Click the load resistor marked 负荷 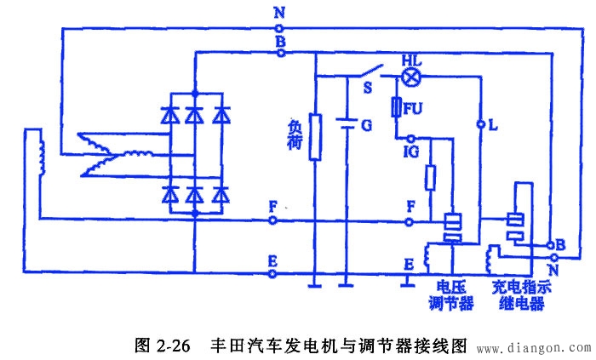pos(314,137)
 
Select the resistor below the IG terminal pos(431,180)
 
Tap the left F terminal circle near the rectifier pos(272,220)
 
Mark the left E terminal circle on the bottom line pos(272,274)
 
